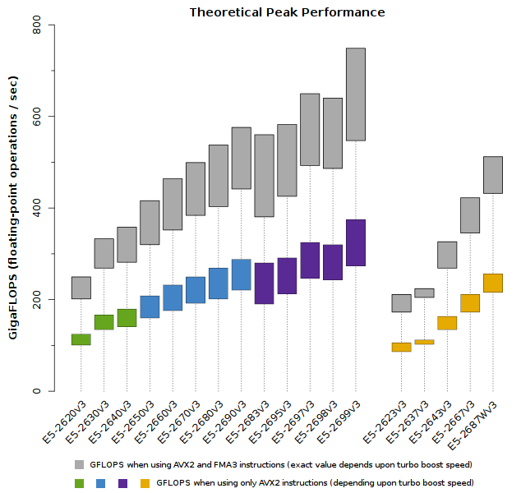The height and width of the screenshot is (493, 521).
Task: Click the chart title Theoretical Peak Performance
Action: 287,12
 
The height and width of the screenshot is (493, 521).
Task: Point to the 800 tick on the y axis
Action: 38,25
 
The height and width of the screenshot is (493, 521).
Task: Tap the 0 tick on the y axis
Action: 38,391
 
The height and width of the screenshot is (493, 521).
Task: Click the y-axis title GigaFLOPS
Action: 13,208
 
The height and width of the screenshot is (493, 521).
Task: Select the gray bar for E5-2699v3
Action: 356,94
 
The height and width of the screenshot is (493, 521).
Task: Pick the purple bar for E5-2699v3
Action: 356,242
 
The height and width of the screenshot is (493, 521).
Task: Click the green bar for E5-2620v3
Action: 81,339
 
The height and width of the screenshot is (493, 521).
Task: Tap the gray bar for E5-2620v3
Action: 81,288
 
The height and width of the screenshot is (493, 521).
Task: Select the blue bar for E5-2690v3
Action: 242,274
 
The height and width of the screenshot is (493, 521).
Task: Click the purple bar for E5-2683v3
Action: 265,283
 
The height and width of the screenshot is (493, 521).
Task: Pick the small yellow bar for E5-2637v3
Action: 424,342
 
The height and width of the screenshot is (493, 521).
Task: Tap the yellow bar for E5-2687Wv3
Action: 493,283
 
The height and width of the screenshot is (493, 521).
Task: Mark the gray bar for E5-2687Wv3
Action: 493,175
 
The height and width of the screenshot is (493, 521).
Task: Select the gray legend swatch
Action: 79,464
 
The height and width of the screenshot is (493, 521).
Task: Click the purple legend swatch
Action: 123,483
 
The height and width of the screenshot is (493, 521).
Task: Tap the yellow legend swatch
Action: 145,483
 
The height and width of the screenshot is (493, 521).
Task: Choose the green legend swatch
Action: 79,483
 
